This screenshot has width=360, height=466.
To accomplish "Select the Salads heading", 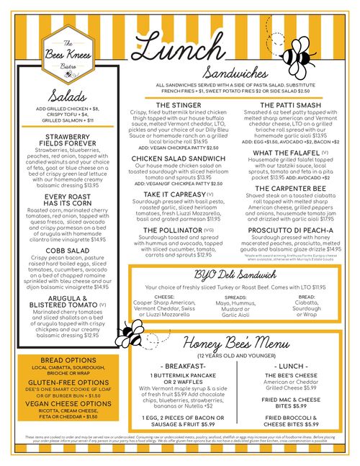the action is coord(69,97).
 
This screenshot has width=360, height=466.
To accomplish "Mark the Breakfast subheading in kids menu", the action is coord(176,366).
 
